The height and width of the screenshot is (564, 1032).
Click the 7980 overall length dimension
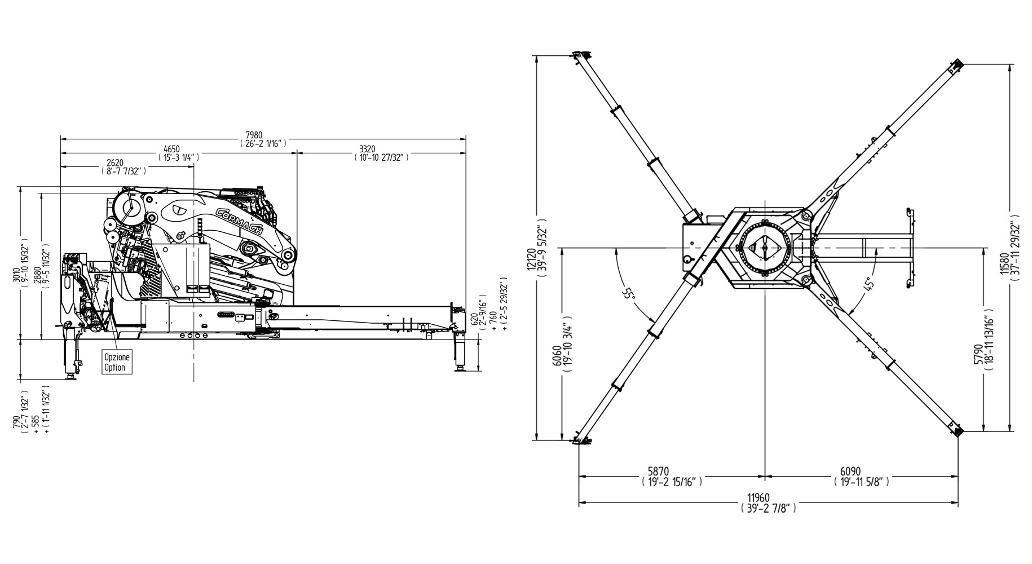click(x=254, y=135)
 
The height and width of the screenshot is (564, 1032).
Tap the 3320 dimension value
click(x=367, y=149)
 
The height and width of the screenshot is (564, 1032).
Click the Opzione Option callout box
click(x=117, y=362)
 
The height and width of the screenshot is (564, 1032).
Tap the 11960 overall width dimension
click(x=758, y=498)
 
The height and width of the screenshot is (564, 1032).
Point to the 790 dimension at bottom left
click(x=17, y=422)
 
